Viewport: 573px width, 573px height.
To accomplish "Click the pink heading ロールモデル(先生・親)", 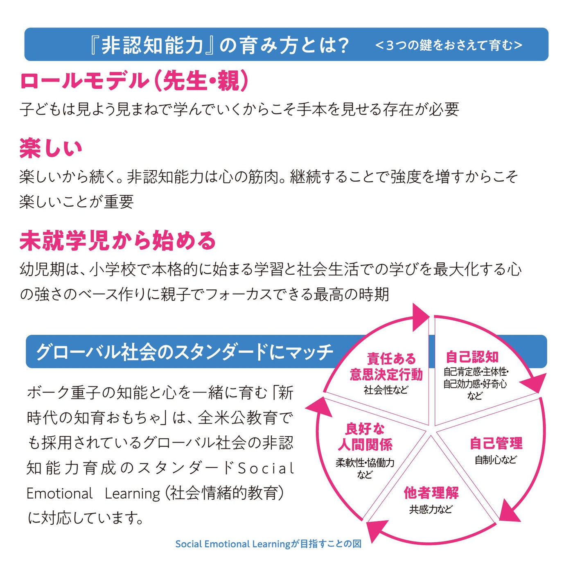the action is point(134,81).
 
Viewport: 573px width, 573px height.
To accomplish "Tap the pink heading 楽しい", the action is point(51,148).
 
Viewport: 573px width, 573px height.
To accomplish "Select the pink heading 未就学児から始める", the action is point(118,241).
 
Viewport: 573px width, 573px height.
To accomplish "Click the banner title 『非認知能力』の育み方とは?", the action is point(219,45).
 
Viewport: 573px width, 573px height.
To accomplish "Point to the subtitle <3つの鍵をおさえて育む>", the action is point(449,45).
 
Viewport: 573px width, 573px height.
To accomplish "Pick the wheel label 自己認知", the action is point(472,357).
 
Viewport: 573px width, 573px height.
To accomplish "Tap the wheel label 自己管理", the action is point(496,443).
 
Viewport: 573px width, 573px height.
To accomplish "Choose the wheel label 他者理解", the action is point(431,493).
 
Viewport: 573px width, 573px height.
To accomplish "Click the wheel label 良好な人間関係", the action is point(365,437).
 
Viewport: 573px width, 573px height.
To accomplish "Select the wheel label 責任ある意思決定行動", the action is point(386,366).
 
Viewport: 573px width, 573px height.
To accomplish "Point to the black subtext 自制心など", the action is point(496,460).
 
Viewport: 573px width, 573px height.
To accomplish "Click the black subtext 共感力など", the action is point(431,510).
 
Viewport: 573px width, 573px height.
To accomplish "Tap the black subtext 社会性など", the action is point(386,390).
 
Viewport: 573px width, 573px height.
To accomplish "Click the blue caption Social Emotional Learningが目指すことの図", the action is point(268,544).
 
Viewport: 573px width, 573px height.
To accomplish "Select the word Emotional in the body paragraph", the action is point(59,494).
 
